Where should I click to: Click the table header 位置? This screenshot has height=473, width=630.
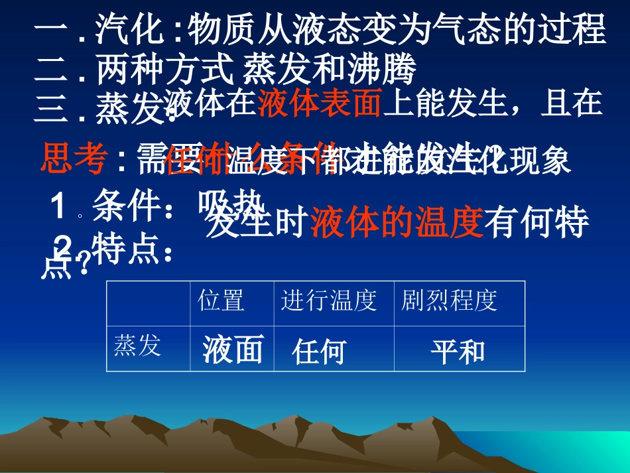coord(221,301)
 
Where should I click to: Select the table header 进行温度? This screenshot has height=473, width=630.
coord(329,301)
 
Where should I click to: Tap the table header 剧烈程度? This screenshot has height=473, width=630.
coord(449,301)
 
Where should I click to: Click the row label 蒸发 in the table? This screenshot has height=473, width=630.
coord(137,346)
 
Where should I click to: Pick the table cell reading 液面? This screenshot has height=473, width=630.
coord(233,350)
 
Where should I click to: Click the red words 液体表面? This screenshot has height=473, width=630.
coord(320,104)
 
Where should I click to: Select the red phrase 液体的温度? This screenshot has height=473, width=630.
coord(397,224)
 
